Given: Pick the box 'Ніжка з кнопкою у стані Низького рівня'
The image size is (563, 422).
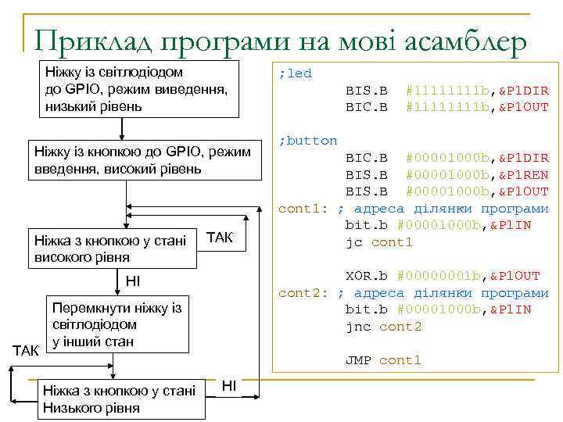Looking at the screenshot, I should pos(120,399).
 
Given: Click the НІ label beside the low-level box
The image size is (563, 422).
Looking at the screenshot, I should pos(229,384).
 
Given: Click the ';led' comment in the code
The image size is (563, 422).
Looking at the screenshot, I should pos(296,73).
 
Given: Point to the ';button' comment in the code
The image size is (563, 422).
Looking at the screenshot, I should pos(308,141).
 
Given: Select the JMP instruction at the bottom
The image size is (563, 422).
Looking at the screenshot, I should pos(358,360).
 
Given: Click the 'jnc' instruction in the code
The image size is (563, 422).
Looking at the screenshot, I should pos(358,327).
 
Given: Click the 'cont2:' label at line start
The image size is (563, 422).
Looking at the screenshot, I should pos(306,293).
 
